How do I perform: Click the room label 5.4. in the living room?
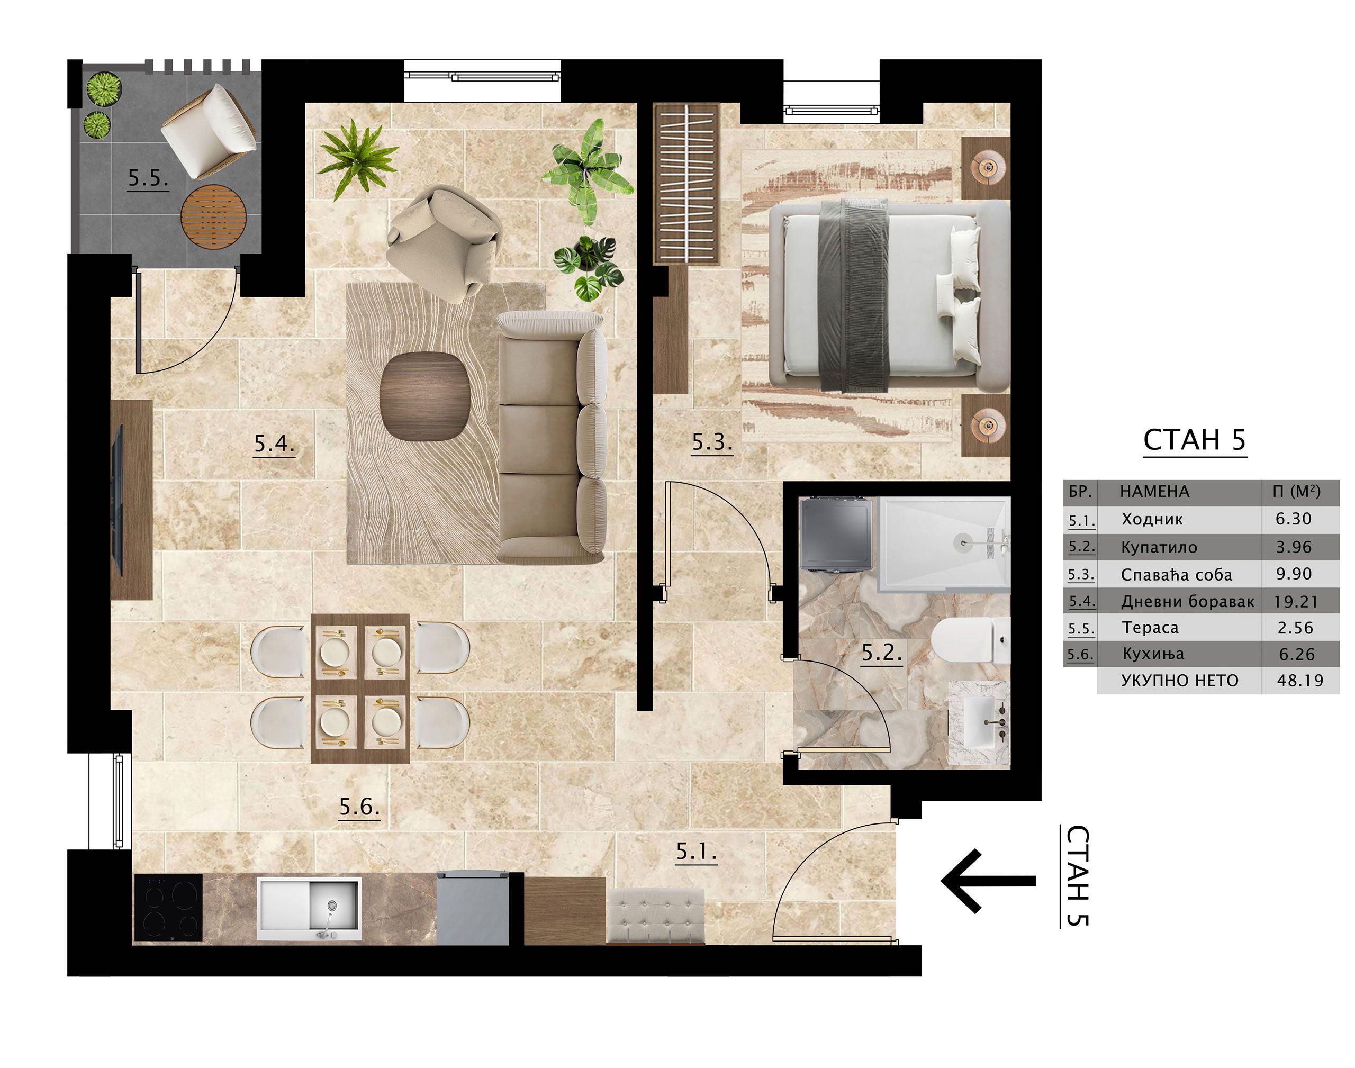coord(274,444)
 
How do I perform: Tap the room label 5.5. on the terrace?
coord(148,179)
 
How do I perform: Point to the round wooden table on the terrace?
coord(213,216)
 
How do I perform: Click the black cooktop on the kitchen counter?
coord(169,907)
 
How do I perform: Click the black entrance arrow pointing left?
coord(988,881)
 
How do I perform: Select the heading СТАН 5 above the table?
coord(1194,440)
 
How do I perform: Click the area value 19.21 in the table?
coord(1296,602)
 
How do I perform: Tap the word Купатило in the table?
coord(1159,548)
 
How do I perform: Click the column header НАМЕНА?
coord(1154,492)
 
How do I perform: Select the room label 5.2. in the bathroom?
coord(882,654)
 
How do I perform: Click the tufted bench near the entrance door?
coord(656,916)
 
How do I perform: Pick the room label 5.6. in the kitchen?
coord(359,807)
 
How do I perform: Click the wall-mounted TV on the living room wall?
coord(116,499)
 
